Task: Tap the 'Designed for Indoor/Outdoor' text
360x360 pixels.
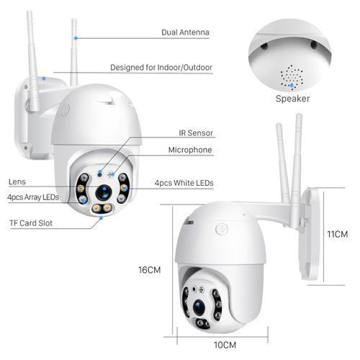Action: [x=161, y=68]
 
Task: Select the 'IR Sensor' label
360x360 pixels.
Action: [x=196, y=133]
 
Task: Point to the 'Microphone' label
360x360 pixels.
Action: [x=190, y=150]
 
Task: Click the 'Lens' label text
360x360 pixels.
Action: [x=17, y=181]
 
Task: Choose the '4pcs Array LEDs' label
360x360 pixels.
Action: [x=32, y=197]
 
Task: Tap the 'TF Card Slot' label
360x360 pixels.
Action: [x=32, y=223]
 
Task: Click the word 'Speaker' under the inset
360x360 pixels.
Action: [x=293, y=99]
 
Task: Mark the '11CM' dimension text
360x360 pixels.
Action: [x=338, y=235]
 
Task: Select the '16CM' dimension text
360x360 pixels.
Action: [x=149, y=270]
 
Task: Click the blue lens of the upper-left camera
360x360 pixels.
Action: [x=104, y=192]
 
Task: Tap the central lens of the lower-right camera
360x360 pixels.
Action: [x=199, y=306]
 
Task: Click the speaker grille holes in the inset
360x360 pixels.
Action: [x=292, y=76]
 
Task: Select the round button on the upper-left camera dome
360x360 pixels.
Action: [x=65, y=111]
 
